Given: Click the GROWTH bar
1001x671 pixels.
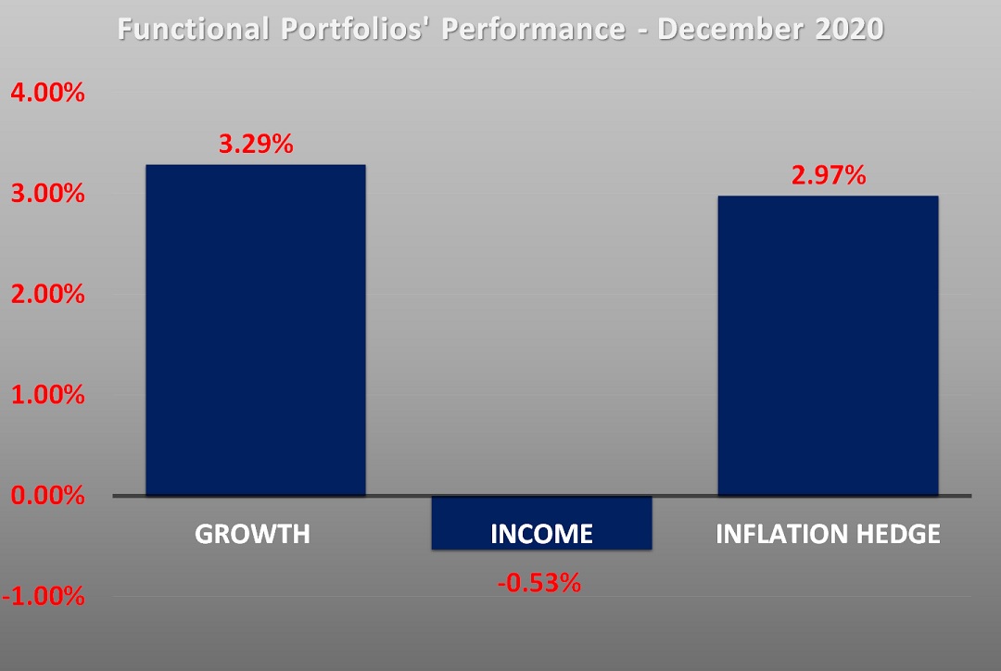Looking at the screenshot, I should (x=255, y=330).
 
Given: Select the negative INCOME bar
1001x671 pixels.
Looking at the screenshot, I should (x=542, y=523).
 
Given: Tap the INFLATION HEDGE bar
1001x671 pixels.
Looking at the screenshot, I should (x=828, y=345).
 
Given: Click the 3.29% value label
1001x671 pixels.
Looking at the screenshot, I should (x=256, y=145).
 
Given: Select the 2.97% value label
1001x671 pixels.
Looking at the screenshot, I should (x=829, y=175).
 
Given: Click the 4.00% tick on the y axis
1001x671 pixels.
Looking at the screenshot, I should (x=47, y=94).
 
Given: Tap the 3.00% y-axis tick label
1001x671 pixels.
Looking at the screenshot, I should (x=47, y=195).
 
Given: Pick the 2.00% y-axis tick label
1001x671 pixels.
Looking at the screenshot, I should (x=47, y=295).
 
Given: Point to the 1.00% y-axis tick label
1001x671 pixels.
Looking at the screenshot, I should (x=47, y=396).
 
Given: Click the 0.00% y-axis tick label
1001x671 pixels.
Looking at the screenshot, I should (x=47, y=496).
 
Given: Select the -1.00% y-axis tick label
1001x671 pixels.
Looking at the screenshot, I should (x=44, y=596).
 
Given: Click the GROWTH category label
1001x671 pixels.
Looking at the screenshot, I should (x=252, y=535).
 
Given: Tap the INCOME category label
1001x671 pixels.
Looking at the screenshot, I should (x=541, y=535).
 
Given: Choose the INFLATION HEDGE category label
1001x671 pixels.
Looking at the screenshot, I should (x=828, y=535).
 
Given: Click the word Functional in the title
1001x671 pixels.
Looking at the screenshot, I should (x=192, y=30).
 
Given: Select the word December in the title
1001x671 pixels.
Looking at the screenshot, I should (x=732, y=30).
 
